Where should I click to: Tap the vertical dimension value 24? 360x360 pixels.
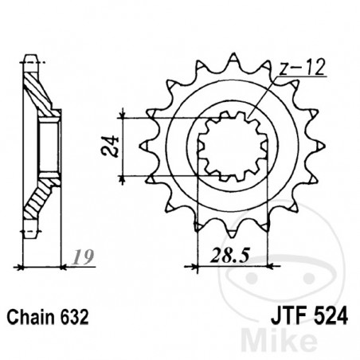116,147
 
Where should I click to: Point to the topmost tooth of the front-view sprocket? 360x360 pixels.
234,61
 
